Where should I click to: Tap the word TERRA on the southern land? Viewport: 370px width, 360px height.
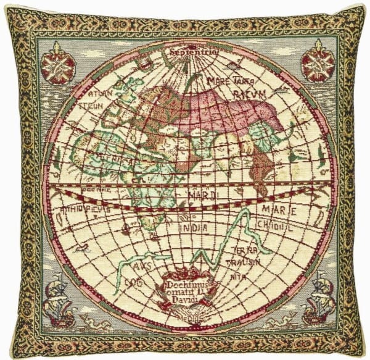245,251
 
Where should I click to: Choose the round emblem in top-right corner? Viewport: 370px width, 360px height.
318,63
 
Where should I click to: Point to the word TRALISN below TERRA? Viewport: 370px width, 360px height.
245,262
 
